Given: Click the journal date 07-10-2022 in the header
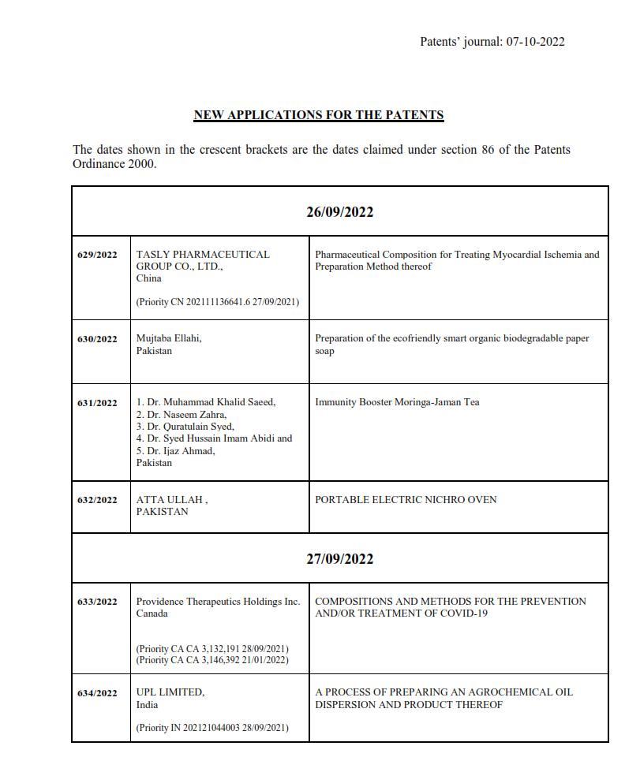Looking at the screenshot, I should coord(535,42).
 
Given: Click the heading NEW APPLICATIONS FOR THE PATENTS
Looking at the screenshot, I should coord(319,115).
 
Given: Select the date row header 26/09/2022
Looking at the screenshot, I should coord(340,212).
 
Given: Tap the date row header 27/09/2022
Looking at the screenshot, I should coord(340,559).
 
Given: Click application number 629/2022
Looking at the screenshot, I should coord(97,255).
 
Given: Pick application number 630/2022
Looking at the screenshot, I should coord(97,339).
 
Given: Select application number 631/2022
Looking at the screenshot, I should coord(97,403).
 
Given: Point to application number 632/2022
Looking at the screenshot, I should coord(97,500).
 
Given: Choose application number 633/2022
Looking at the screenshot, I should coord(97,602).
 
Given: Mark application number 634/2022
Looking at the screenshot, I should coord(97,693).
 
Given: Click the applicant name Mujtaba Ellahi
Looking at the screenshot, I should coord(169,338).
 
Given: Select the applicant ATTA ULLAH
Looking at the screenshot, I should coord(171,499).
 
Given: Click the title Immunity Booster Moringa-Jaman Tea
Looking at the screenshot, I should coord(397,402).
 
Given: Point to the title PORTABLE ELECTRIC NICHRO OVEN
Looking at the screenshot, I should coord(406,499).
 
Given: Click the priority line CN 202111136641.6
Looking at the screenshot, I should coord(218,302).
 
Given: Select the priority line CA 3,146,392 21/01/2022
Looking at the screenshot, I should coord(212,660).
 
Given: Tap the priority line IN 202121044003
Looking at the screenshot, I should coord(212,728).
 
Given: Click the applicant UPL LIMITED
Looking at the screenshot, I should coord(170,692).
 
